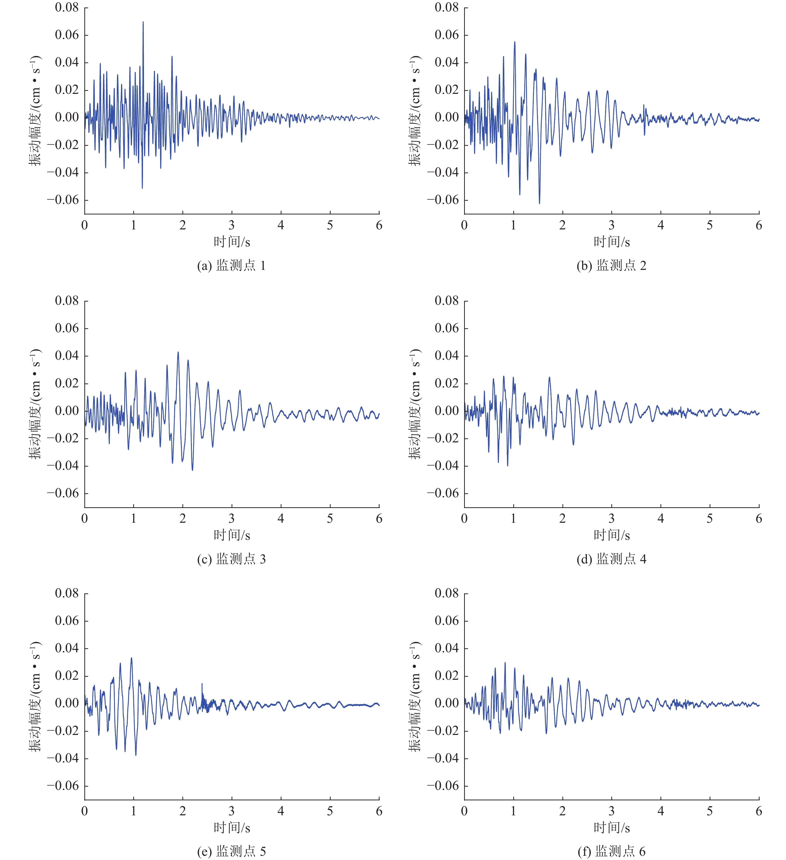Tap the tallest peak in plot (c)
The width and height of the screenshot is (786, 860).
[178, 352]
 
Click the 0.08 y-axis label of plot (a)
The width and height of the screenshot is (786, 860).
[67, 8]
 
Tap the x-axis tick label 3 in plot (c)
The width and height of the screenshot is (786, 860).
[232, 519]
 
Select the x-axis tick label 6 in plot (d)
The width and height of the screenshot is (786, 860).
[759, 519]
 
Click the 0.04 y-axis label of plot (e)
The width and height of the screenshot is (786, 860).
[67, 648]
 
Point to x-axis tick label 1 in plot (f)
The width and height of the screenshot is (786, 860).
[514, 811]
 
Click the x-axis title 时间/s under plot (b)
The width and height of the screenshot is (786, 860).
[612, 242]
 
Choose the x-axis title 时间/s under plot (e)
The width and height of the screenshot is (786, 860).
[232, 828]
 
